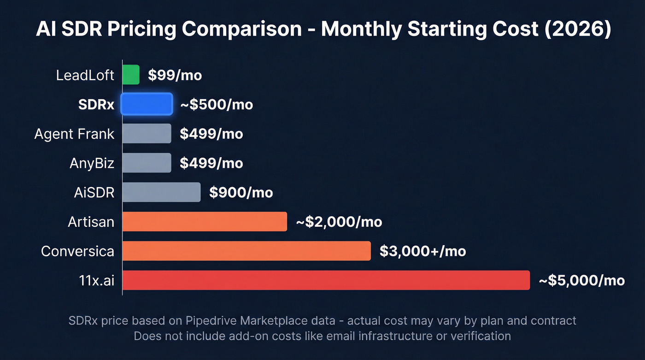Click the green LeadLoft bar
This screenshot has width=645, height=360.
click(131, 75)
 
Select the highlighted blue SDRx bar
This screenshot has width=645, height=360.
click(147, 104)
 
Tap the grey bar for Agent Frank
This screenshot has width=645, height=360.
click(147, 134)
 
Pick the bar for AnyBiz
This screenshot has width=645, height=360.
click(147, 163)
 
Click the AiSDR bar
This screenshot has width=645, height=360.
click(161, 192)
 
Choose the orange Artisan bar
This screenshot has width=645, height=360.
click(205, 222)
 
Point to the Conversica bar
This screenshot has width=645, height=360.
click(246, 251)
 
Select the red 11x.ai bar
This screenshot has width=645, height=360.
click(326, 280)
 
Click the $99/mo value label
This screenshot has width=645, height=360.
click(175, 75)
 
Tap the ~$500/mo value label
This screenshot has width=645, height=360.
click(216, 105)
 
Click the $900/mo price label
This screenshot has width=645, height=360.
click(241, 193)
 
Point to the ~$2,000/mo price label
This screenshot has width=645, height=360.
click(339, 222)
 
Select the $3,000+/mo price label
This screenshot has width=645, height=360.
click(422, 251)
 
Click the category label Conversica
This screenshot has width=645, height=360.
click(77, 251)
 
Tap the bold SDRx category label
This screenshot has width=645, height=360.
click(96, 105)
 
